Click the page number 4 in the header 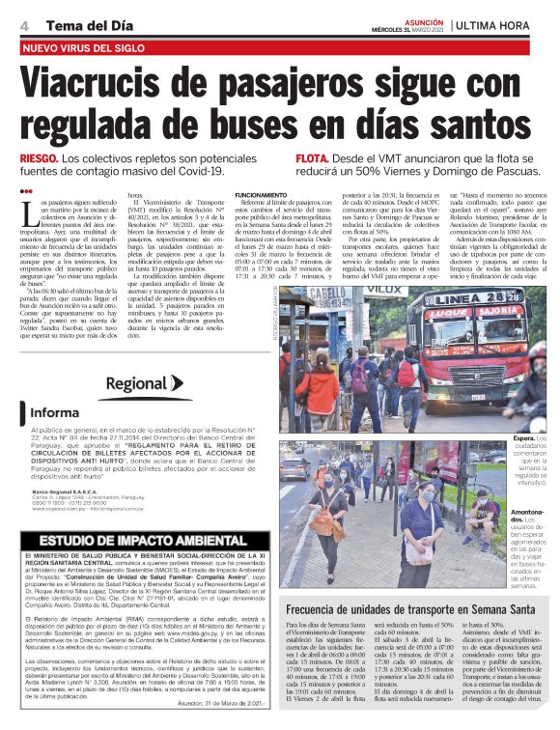coord(22,24)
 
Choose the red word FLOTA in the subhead coord(313,158)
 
